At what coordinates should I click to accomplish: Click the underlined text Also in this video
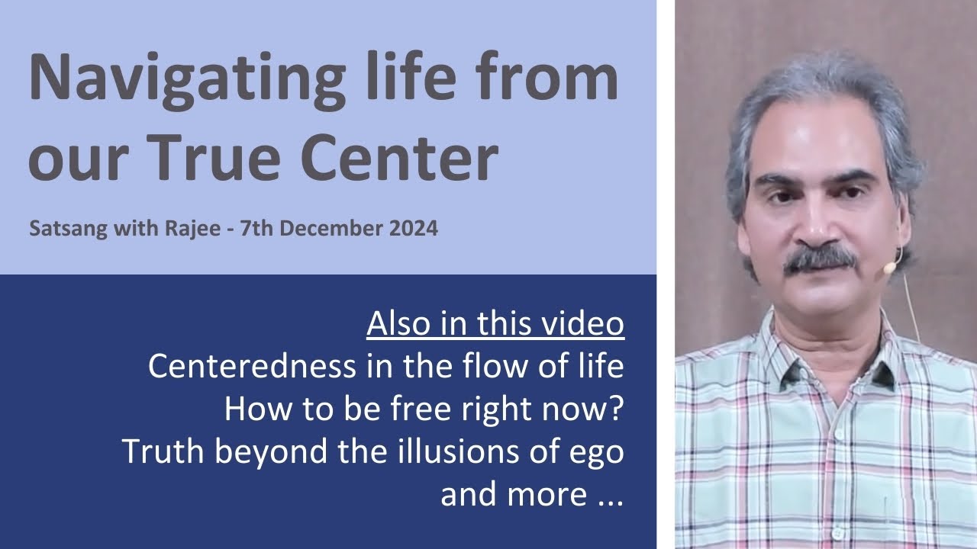[495, 324]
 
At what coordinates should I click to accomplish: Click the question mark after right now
[617, 409]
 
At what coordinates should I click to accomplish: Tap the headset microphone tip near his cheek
[888, 268]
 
